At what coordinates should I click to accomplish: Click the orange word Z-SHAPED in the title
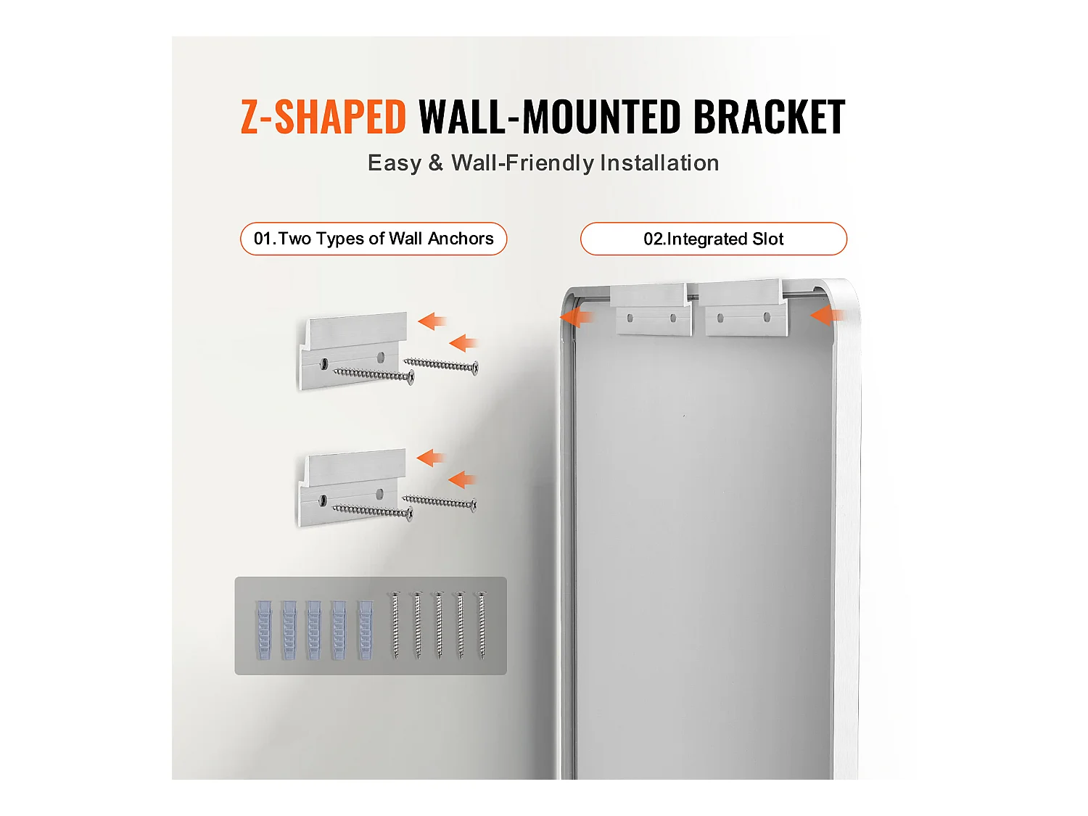tap(323, 117)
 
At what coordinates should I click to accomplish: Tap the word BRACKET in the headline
tap(769, 117)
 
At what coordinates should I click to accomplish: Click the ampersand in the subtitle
tap(436, 162)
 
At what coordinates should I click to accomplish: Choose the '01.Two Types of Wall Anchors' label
tap(374, 239)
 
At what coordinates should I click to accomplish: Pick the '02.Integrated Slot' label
tap(713, 239)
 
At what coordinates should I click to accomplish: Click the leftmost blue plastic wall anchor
tap(263, 630)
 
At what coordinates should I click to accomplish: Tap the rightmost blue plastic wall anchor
tap(365, 630)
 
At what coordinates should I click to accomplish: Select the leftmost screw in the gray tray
tap(395, 625)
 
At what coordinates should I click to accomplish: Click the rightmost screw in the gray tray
tap(482, 625)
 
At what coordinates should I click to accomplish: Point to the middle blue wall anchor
tap(314, 630)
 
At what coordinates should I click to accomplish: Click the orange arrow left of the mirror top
tap(577, 317)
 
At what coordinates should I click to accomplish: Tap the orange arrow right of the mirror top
tap(828, 315)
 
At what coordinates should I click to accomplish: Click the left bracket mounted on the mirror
tap(651, 310)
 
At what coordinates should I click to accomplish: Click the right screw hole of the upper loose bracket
tap(380, 357)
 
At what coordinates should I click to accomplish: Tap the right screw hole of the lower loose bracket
tap(379, 494)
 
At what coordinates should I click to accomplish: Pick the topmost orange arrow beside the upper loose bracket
tap(432, 321)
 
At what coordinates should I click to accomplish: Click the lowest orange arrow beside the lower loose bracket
tap(462, 479)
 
